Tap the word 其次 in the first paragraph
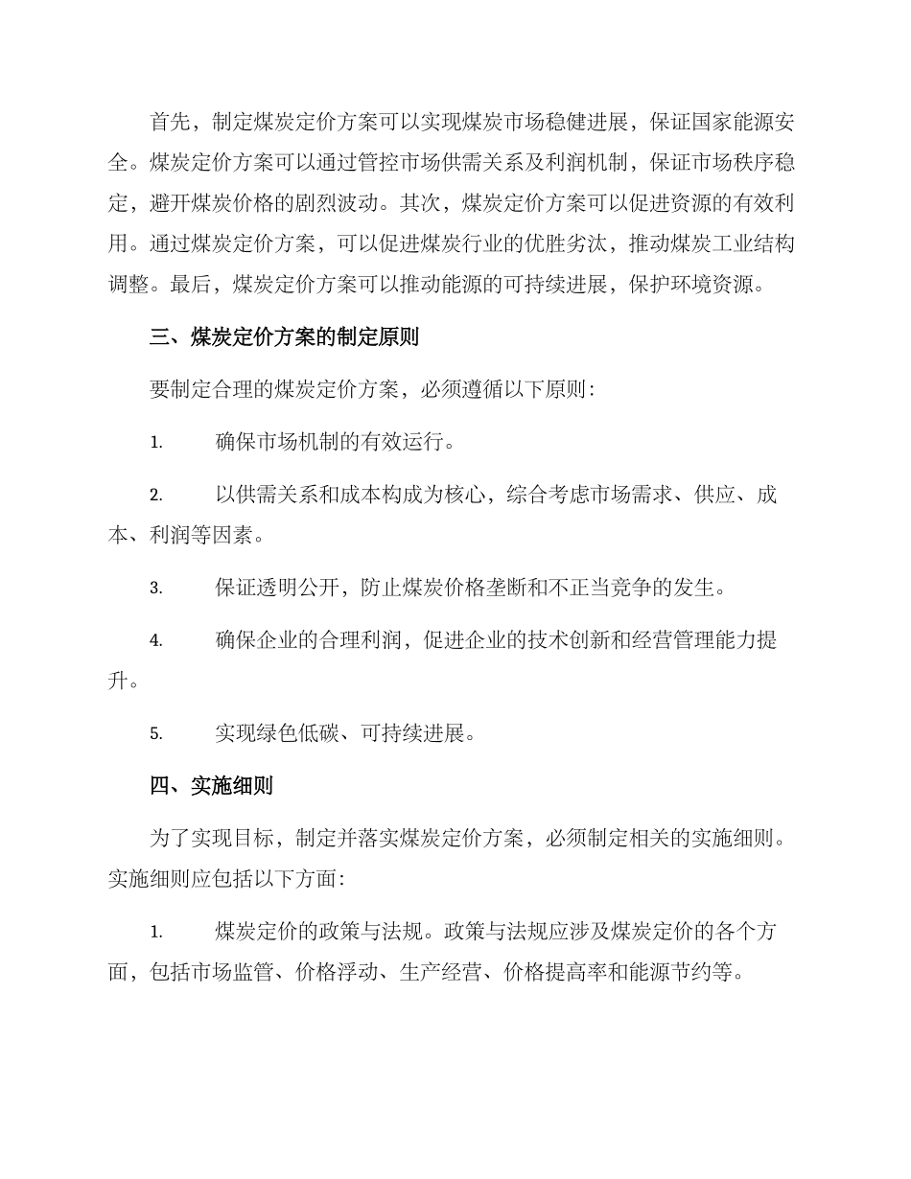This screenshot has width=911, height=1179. tap(422, 202)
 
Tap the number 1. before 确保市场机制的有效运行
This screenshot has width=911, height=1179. tap(156, 444)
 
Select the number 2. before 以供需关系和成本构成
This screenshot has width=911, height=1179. tap(156, 496)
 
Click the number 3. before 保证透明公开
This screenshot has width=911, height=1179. tap(156, 588)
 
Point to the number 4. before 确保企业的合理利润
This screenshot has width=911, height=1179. tap(156, 641)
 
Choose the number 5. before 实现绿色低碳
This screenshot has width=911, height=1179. tap(156, 734)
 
